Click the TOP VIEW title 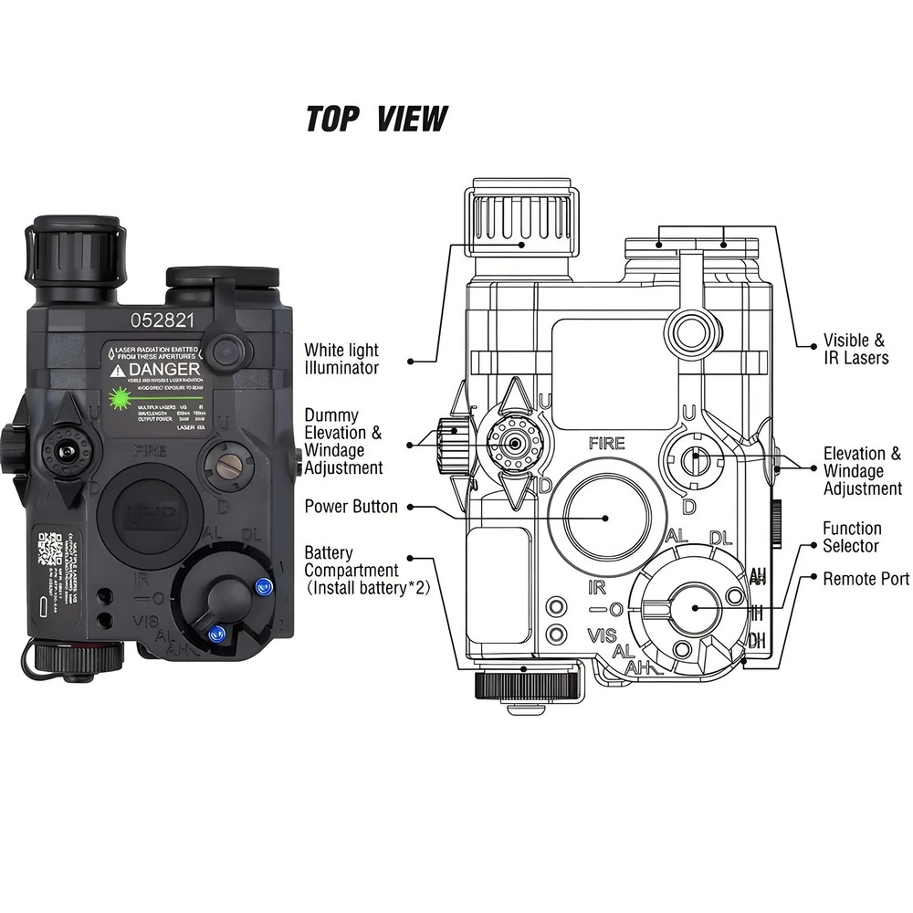tap(376, 119)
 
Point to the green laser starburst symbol tap(119, 397)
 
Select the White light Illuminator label tap(341, 359)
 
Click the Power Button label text tap(351, 506)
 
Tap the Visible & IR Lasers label tap(855, 348)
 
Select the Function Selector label tap(851, 537)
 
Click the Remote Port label tap(866, 579)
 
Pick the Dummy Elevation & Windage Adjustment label tap(343, 441)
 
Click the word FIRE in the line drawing tap(606, 444)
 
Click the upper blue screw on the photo tap(265, 585)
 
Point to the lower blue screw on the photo tap(216, 634)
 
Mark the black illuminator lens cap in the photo tap(77, 246)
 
